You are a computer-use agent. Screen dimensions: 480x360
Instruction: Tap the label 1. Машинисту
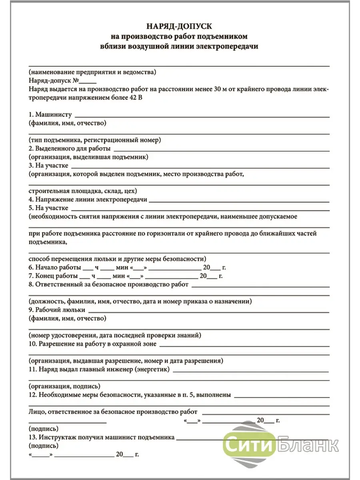point(50,115)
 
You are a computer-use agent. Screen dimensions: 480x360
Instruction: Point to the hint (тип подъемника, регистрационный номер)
point(94,140)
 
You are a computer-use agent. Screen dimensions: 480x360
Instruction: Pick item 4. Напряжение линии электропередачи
point(88,199)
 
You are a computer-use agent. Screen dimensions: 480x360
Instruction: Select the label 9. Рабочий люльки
point(57,310)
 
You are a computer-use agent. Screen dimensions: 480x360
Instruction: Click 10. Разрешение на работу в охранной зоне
point(93,344)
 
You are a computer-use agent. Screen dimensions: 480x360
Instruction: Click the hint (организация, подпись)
point(64,387)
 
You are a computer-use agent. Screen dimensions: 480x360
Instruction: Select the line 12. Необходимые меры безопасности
point(130,395)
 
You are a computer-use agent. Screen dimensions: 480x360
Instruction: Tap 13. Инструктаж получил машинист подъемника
point(102,437)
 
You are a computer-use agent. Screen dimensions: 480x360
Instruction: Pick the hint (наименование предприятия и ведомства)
point(92,72)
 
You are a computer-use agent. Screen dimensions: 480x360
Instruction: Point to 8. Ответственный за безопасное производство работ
point(108,285)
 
